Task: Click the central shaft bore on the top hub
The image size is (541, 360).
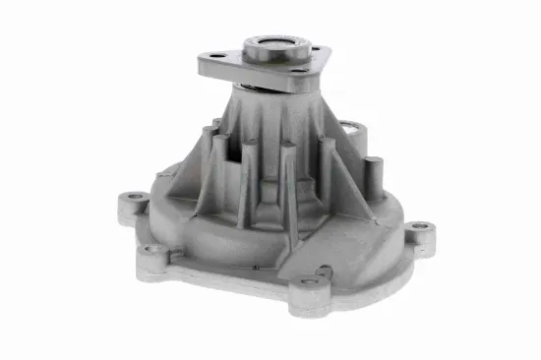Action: coord(270,43)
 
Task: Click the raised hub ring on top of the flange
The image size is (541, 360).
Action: coord(270,51)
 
